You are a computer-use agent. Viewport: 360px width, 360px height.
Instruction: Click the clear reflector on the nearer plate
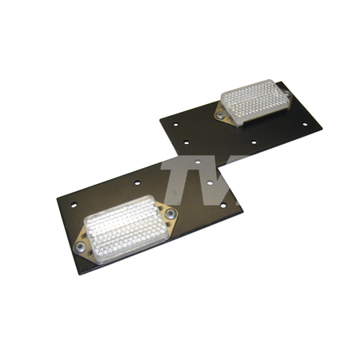point(126,229)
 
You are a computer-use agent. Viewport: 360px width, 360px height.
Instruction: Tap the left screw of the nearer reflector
point(80,247)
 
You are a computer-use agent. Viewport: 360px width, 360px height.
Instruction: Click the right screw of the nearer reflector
point(170,213)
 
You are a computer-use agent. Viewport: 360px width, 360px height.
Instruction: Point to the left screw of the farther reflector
point(220,115)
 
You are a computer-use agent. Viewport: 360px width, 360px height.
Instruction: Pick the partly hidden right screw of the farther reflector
point(287,93)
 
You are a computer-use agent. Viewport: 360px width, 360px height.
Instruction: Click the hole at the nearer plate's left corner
point(74,205)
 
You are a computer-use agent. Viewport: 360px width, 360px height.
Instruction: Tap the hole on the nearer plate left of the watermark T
point(138,182)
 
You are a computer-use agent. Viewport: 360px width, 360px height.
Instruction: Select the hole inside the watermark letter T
point(198,162)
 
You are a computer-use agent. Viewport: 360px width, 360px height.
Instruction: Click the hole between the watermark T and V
point(210,182)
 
